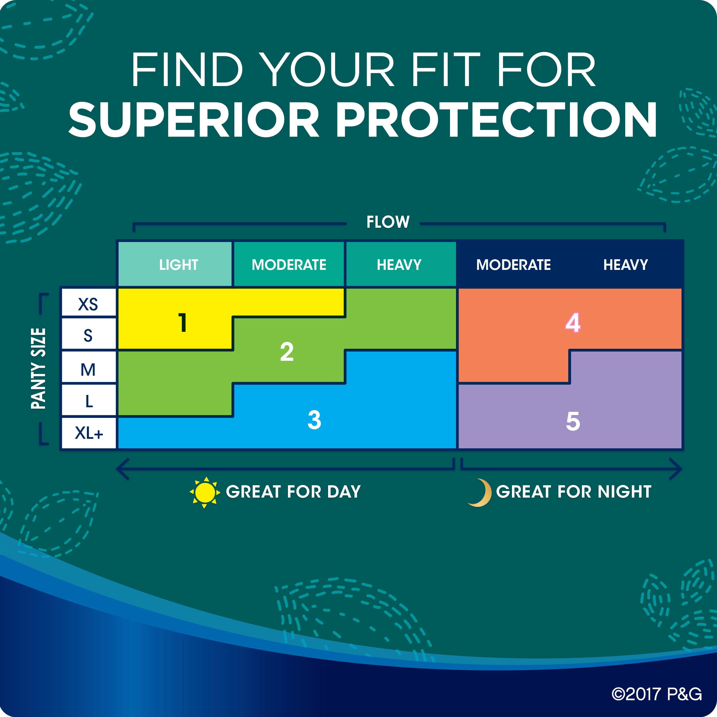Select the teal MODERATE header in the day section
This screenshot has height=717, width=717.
tap(289, 264)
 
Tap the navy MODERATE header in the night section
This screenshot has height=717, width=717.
tap(513, 264)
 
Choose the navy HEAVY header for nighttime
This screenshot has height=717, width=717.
tap(626, 264)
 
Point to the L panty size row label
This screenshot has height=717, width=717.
tap(88, 400)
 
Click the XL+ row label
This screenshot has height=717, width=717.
tap(88, 433)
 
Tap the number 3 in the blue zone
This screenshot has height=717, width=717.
tap(314, 420)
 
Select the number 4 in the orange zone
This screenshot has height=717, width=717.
tap(573, 322)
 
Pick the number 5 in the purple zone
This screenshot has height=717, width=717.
tap(573, 421)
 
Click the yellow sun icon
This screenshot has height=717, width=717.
tap(205, 492)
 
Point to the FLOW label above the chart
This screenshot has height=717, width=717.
tap(388, 222)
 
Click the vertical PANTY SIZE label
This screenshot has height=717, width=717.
tap(38, 369)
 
